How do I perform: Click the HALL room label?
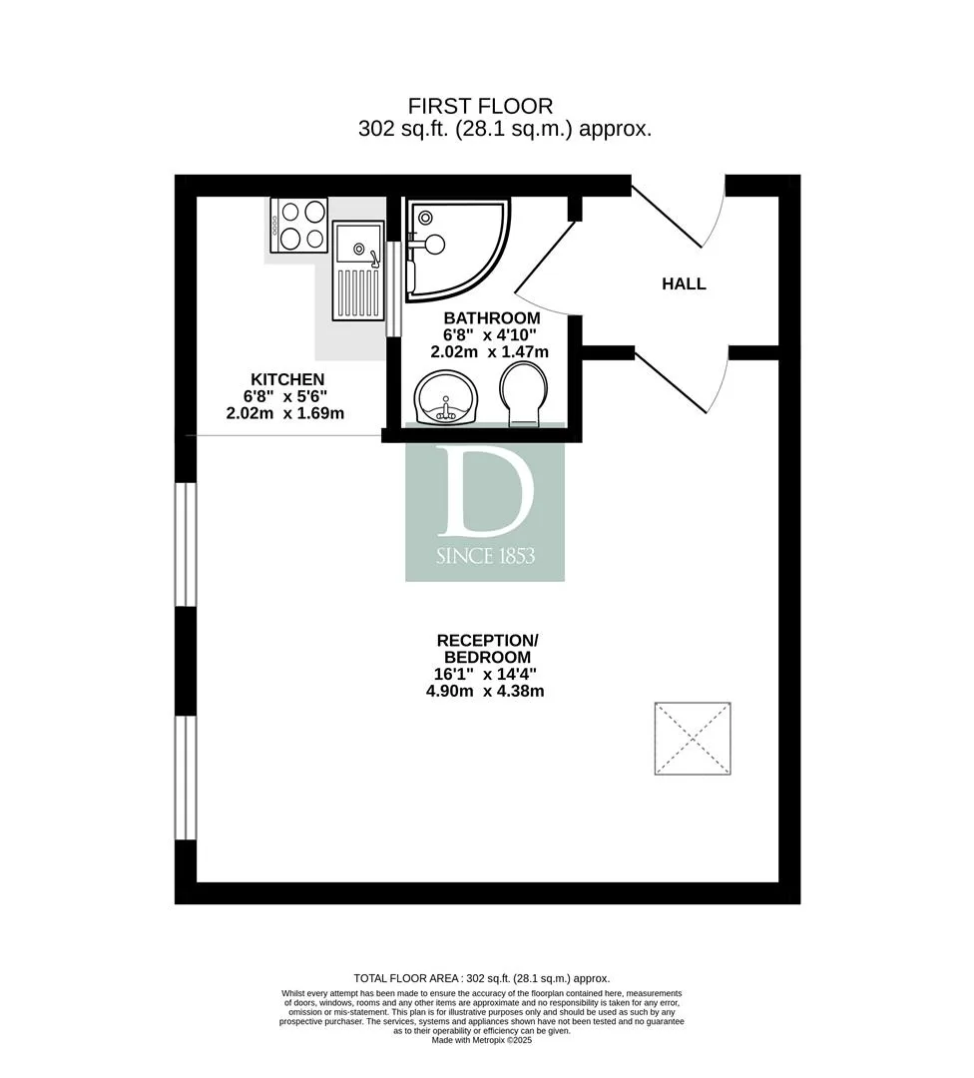pyautogui.click(x=684, y=283)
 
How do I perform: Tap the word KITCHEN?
pyautogui.click(x=287, y=379)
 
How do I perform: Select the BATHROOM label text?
pyautogui.click(x=491, y=318)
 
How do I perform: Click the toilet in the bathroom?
pyautogui.click(x=524, y=394)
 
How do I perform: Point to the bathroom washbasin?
pyautogui.click(x=445, y=397)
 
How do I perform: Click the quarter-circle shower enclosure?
pyautogui.click(x=457, y=250)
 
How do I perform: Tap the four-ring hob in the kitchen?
pyautogui.click(x=299, y=225)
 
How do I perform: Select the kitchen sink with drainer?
pyautogui.click(x=358, y=270)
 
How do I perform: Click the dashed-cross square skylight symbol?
pyautogui.click(x=693, y=739)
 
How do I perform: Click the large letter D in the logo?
pyautogui.click(x=485, y=491)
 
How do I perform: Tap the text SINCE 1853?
pyautogui.click(x=485, y=556)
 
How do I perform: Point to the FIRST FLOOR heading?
pyautogui.click(x=480, y=107)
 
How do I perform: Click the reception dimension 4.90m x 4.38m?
pyautogui.click(x=485, y=691)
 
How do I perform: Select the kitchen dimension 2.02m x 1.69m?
pyautogui.click(x=285, y=413)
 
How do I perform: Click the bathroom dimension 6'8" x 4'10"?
pyautogui.click(x=489, y=334)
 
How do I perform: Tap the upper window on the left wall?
pyautogui.click(x=186, y=545)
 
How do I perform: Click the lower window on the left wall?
pyautogui.click(x=186, y=778)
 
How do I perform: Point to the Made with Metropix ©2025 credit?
pyautogui.click(x=482, y=1040)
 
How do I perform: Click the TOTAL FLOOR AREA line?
pyautogui.click(x=482, y=978)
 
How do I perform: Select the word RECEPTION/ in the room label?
pyautogui.click(x=487, y=641)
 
